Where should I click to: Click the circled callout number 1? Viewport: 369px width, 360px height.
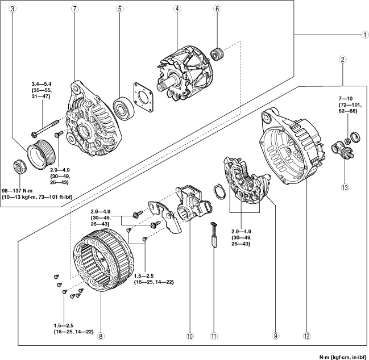coord(365,35)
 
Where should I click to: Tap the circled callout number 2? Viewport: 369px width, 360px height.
coord(343,60)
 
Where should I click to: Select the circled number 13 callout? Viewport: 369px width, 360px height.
coord(345,187)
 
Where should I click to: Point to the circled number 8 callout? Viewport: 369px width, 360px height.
coord(101,336)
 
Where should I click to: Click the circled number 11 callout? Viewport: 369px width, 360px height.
coord(213,336)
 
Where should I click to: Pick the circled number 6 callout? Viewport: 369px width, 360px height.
coord(217,9)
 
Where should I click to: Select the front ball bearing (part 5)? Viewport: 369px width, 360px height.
coord(124,108)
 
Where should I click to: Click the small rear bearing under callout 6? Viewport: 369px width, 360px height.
coord(218,53)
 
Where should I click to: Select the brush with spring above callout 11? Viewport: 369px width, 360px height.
coord(214,235)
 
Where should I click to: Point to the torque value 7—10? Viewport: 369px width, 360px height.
coord(346,99)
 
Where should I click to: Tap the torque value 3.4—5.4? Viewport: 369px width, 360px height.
coord(42,83)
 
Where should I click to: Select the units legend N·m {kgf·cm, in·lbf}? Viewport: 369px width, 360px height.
coord(343,357)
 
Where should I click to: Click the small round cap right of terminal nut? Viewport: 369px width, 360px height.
coord(355,137)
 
